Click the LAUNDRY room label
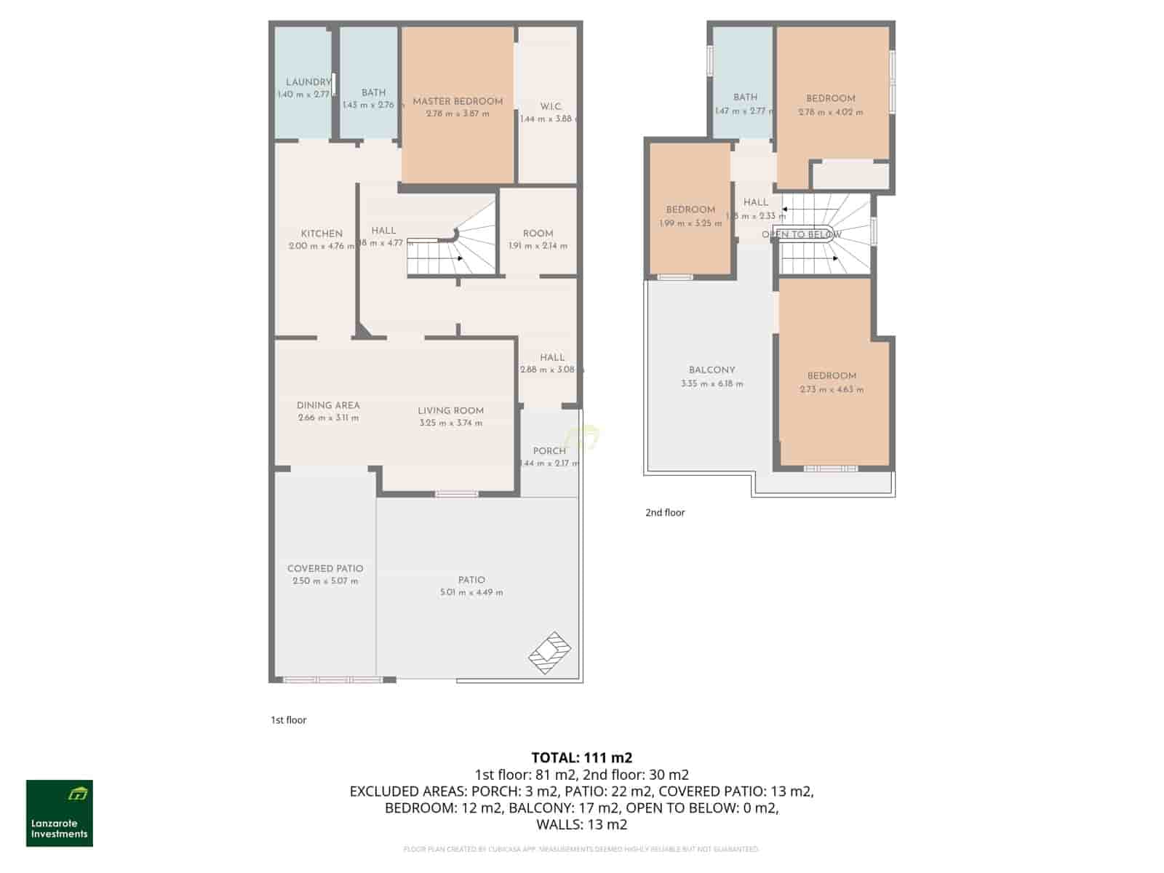(308, 82)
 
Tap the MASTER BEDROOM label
(458, 101)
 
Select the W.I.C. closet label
(550, 106)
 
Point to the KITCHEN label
(322, 234)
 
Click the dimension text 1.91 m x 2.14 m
(538, 246)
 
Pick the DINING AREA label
(328, 405)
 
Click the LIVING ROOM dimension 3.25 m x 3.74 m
(450, 423)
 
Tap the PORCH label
(549, 450)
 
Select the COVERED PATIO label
(325, 568)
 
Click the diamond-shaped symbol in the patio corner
(549, 653)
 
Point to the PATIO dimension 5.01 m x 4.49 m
(471, 592)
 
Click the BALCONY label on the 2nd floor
(711, 370)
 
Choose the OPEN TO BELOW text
(801, 234)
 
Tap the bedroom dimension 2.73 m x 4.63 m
(832, 389)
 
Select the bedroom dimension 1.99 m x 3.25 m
(690, 223)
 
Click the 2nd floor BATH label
(745, 97)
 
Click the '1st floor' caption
(289, 719)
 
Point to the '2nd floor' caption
(665, 512)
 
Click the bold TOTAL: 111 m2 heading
(582, 758)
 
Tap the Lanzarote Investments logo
(60, 813)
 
